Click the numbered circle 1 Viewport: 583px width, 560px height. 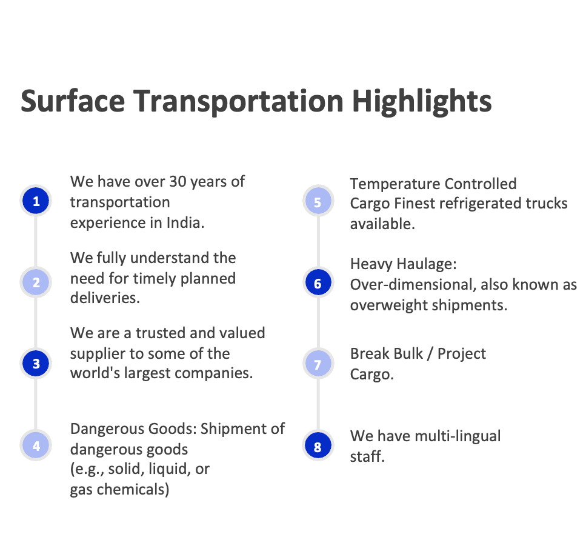click(36, 201)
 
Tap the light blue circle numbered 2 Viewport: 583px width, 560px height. click(36, 282)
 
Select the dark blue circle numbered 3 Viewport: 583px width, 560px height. click(36, 363)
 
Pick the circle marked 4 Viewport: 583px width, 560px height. click(36, 445)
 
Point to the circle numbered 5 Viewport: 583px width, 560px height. click(318, 201)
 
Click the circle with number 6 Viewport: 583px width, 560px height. click(318, 282)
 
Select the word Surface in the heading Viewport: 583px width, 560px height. click(73, 101)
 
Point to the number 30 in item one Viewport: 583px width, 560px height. click(178, 182)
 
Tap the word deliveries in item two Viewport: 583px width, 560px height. click(105, 298)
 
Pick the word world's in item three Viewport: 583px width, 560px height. click(95, 373)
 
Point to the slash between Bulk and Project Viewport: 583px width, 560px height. click(430, 354)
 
